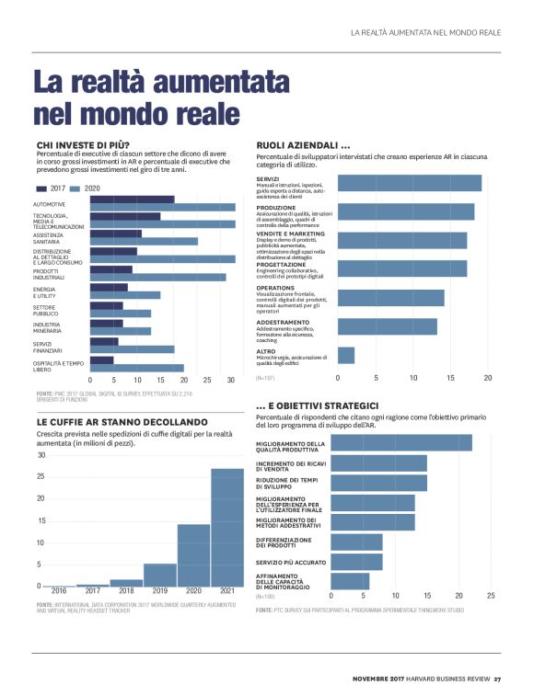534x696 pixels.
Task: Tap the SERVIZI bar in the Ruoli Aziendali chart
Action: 409,183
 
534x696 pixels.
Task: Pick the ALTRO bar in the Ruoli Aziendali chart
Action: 346,355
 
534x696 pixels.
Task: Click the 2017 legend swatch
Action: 44,188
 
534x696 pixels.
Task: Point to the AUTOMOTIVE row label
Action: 50,204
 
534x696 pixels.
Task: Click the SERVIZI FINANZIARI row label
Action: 48,348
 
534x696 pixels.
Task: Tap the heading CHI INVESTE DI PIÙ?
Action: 83,145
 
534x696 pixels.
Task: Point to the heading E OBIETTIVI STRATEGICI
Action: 318,405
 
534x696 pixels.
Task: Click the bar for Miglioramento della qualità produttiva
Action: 400,443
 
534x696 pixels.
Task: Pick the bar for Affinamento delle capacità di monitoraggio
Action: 349,580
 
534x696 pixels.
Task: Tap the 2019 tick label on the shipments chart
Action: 159,591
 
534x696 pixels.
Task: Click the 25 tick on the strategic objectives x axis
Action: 491,596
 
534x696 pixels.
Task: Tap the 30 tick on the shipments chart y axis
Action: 41,456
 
